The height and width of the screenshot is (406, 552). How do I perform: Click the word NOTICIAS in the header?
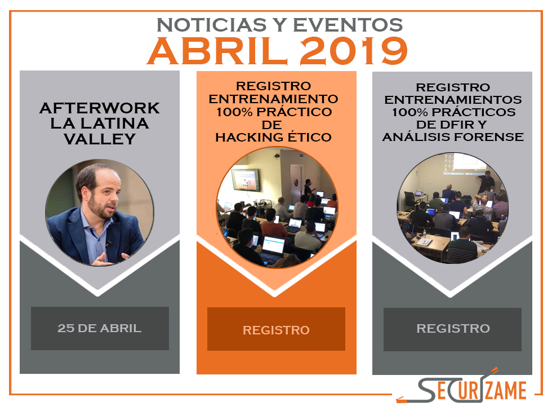(x=211, y=25)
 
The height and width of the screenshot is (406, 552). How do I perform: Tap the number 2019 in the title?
(x=354, y=51)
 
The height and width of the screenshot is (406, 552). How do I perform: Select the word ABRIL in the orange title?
(x=218, y=51)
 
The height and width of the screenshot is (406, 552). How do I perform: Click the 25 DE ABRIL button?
(x=100, y=328)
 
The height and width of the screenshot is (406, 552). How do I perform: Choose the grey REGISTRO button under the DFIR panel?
(x=452, y=329)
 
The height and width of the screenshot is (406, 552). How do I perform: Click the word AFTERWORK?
(x=100, y=108)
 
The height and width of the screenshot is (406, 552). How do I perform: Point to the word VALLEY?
(x=100, y=139)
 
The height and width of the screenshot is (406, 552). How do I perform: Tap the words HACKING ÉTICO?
(x=274, y=136)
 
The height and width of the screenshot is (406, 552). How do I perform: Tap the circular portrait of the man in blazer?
(x=100, y=213)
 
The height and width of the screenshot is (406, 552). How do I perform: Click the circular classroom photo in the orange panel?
(x=277, y=208)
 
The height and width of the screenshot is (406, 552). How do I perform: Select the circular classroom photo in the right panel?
(x=452, y=208)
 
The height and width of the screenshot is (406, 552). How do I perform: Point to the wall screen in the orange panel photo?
(x=246, y=180)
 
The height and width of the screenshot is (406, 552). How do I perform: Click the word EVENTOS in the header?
(x=348, y=25)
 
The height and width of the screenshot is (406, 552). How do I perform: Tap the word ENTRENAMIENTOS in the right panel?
(x=453, y=100)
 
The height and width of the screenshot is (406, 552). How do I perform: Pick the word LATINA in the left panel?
(x=115, y=123)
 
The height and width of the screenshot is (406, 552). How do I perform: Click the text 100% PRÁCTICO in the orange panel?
(x=274, y=112)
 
